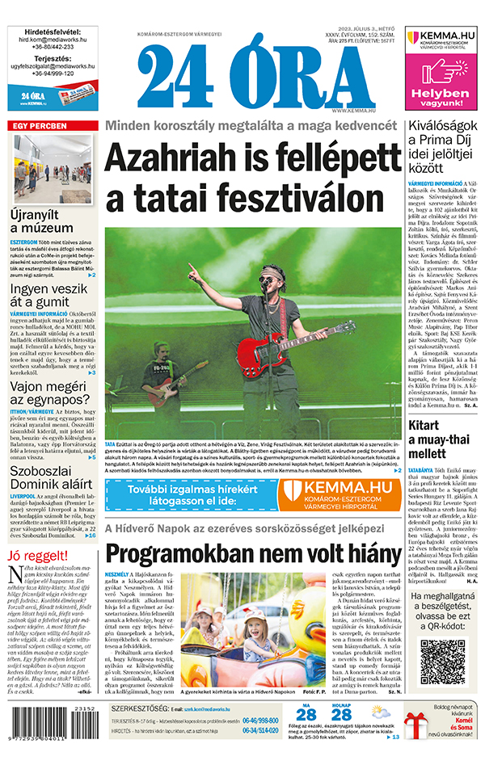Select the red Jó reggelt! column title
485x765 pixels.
coord(35,556)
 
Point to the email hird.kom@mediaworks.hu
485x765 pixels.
coord(53,38)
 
